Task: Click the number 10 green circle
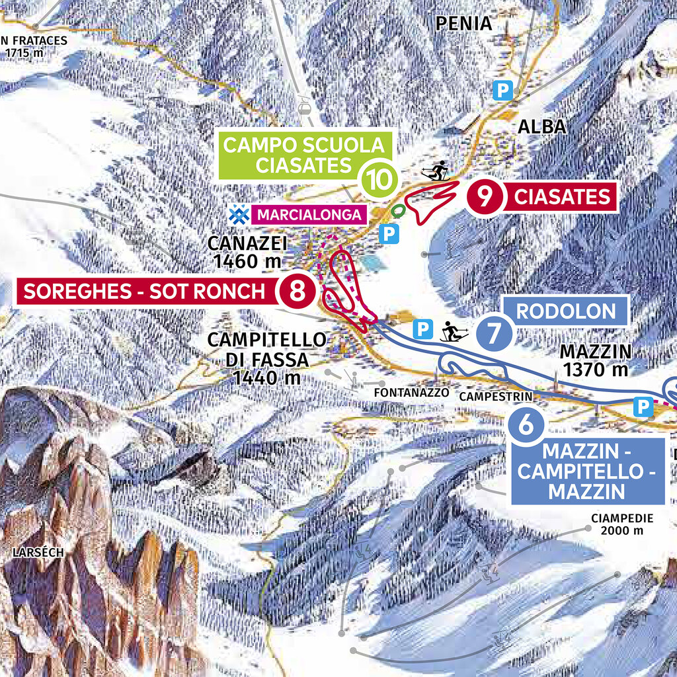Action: [x=378, y=179]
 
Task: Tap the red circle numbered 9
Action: [x=486, y=197]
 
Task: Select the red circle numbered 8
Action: [x=298, y=291]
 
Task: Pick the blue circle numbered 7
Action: [x=493, y=333]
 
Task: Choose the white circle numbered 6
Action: [x=526, y=424]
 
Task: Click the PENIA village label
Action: [x=464, y=24]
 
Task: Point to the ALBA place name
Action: [x=542, y=126]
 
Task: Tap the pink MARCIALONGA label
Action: [x=309, y=214]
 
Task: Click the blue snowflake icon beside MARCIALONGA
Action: [x=238, y=214]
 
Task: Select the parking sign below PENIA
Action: [x=504, y=91]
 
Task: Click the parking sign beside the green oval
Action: [x=391, y=233]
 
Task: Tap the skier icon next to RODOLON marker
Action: [x=454, y=331]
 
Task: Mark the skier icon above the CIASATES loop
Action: [x=436, y=172]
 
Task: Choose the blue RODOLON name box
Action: [x=565, y=311]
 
